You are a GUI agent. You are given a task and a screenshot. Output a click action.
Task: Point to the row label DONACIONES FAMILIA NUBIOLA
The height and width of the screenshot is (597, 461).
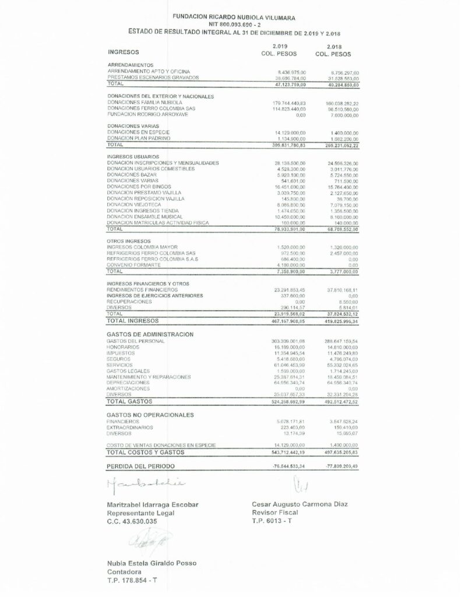coord(145,103)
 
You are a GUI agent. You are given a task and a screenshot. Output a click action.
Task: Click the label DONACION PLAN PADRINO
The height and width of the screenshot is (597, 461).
coord(136,138)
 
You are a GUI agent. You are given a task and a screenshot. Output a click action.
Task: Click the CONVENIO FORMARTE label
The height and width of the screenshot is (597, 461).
coord(133,265)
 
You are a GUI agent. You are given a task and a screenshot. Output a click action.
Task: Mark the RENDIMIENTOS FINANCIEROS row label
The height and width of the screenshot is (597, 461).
coord(143,289)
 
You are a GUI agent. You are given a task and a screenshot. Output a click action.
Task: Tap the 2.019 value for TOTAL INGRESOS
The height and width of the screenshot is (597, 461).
coord(286,321)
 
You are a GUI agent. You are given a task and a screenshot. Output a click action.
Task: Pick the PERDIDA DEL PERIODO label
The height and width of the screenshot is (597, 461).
coord(140,466)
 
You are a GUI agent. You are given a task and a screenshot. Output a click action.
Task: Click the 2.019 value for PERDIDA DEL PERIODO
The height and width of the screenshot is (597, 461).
coord(285,466)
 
